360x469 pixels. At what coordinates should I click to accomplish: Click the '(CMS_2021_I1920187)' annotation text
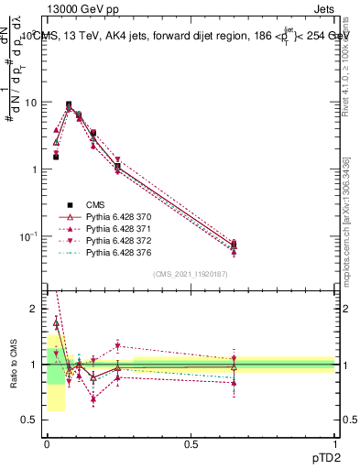pos(191,273)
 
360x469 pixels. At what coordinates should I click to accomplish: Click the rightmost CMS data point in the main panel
pos(234,245)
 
